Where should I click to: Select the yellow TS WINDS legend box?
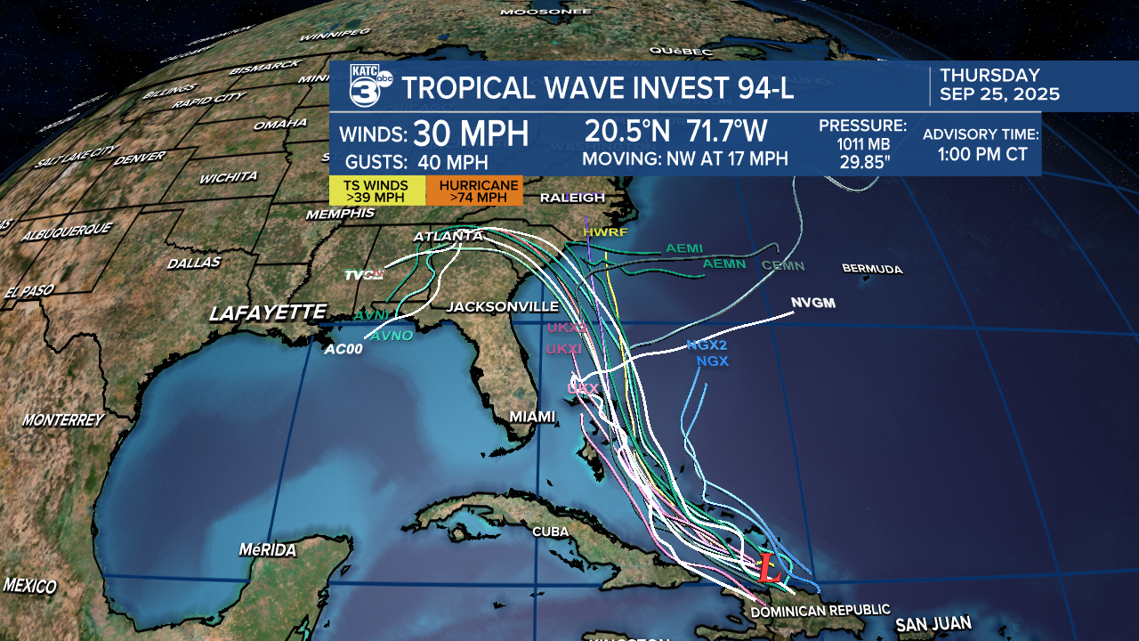377,191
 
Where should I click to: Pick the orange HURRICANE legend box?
473,191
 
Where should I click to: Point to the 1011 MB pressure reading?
862,144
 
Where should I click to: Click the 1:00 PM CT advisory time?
982,154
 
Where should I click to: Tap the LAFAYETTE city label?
268,312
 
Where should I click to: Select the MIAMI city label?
532,417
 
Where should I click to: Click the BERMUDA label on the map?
872,269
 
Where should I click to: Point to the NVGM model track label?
813,304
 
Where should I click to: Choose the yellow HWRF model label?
605,232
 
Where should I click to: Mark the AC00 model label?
343,350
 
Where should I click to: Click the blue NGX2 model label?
707,345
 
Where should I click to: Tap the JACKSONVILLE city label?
502,306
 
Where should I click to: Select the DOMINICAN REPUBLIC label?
820,610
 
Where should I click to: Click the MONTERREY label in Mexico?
63,419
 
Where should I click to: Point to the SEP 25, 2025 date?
1000,94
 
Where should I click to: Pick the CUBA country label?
550,531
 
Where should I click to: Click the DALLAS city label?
193,263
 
